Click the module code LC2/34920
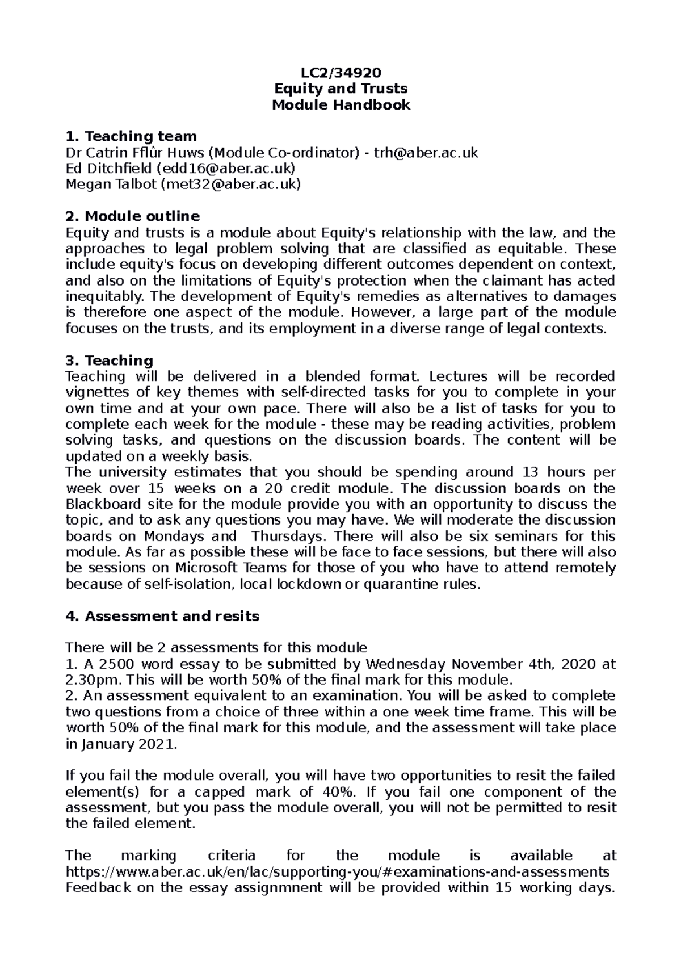(340, 72)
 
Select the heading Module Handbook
(340, 105)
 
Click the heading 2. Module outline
(133, 216)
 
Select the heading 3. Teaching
(110, 361)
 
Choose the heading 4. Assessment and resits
(162, 616)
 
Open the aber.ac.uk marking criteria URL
(338, 871)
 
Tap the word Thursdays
(289, 537)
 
